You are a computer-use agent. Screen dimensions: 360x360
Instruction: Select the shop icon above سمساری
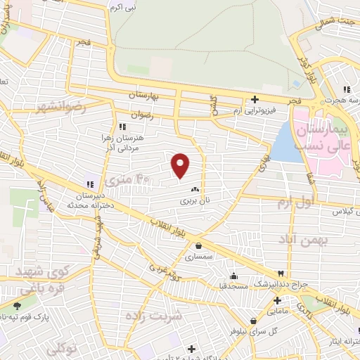200,246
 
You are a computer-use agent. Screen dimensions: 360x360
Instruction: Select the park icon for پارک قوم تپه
18,306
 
